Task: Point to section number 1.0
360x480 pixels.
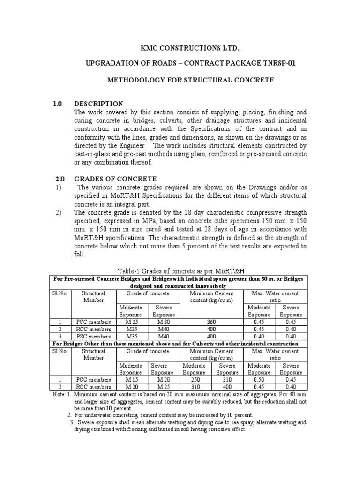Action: pyautogui.click(x=58, y=104)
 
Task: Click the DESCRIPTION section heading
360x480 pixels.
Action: pyautogui.click(x=98, y=104)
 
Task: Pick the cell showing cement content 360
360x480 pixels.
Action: pyautogui.click(x=212, y=322)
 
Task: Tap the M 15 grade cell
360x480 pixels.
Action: pyautogui.click(x=132, y=379)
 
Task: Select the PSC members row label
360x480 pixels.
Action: pyautogui.click(x=93, y=336)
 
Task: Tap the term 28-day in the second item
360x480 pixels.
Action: pyautogui.click(x=185, y=212)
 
